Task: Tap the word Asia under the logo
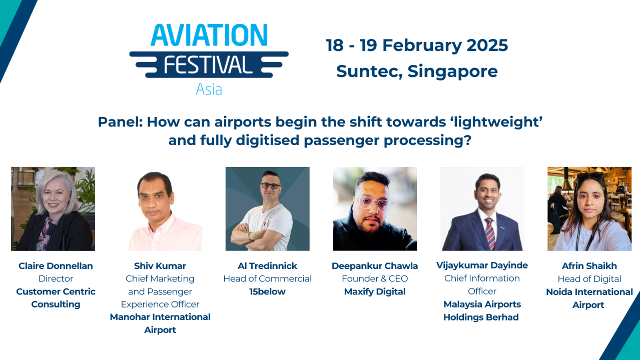point(209,89)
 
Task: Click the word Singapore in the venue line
point(452,71)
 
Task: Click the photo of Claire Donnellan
point(53,208)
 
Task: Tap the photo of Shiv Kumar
point(160,208)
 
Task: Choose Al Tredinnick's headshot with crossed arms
point(267,208)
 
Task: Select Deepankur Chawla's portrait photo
point(375,208)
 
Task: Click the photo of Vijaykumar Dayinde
point(482,208)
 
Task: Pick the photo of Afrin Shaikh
point(589,208)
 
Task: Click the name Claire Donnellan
point(56,266)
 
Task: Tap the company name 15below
point(267,291)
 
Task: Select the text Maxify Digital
point(375,291)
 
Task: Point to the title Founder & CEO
point(375,278)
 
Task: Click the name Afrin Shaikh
point(589,266)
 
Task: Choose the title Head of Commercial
point(267,278)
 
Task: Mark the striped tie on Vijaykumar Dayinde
point(489,232)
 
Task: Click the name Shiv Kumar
point(160,266)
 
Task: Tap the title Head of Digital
point(589,279)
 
